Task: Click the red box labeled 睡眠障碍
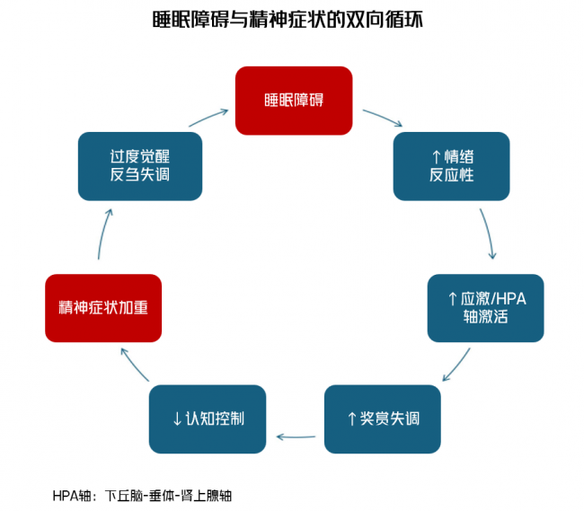[293, 100]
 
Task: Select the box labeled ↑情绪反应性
[451, 166]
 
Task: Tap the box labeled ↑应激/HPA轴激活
[485, 308]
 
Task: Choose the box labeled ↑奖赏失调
[382, 418]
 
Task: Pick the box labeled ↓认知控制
[208, 418]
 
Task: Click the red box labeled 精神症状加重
[103, 308]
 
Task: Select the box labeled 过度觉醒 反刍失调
[139, 166]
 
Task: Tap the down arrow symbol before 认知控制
[177, 419]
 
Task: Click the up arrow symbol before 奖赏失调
[352, 419]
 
